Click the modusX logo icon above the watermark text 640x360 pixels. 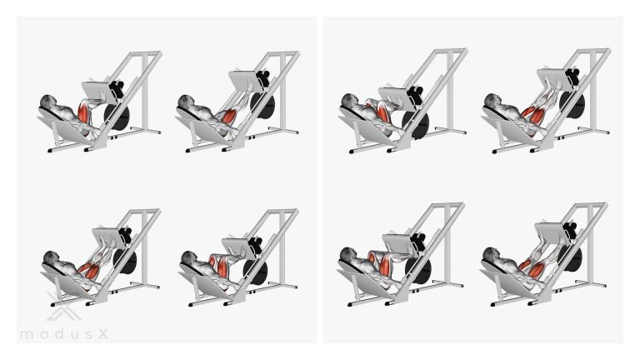coord(63,306)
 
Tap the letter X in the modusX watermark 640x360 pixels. coord(102,334)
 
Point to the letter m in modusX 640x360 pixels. coord(27,335)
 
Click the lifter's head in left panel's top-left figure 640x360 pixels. coord(48,102)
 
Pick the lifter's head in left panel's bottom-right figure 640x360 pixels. coord(189,258)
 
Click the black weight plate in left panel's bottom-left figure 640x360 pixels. coord(127,261)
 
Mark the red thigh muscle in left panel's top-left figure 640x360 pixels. coord(82,112)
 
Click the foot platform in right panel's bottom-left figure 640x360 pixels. coord(399,243)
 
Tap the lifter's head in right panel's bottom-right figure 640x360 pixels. coord(491,255)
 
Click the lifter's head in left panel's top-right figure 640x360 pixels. coord(186,102)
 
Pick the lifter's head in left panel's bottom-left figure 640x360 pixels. coord(51,258)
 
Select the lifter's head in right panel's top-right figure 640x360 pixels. coord(492,101)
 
